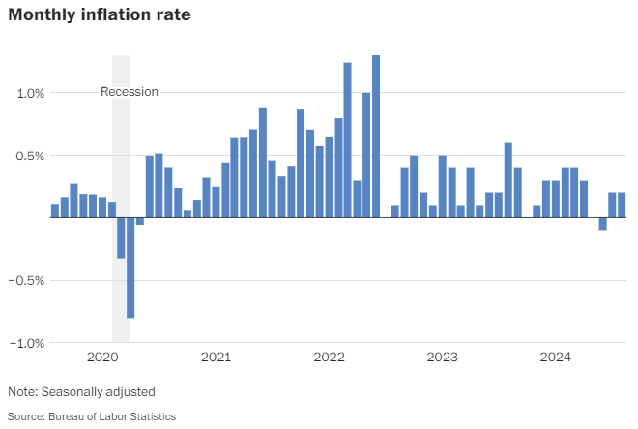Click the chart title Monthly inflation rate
pyautogui.click(x=99, y=15)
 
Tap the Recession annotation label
pyautogui.click(x=130, y=92)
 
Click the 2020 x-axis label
pyautogui.click(x=102, y=357)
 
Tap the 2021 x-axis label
pyautogui.click(x=216, y=357)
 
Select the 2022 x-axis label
pyautogui.click(x=329, y=357)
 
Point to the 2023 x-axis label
pyautogui.click(x=442, y=357)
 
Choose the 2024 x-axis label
pyautogui.click(x=555, y=357)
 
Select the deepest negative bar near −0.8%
pyautogui.click(x=130, y=268)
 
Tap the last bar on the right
pyautogui.click(x=622, y=205)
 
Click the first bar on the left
pyautogui.click(x=55, y=211)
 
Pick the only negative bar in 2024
pyautogui.click(x=602, y=224)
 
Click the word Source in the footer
pyautogui.click(x=26, y=416)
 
